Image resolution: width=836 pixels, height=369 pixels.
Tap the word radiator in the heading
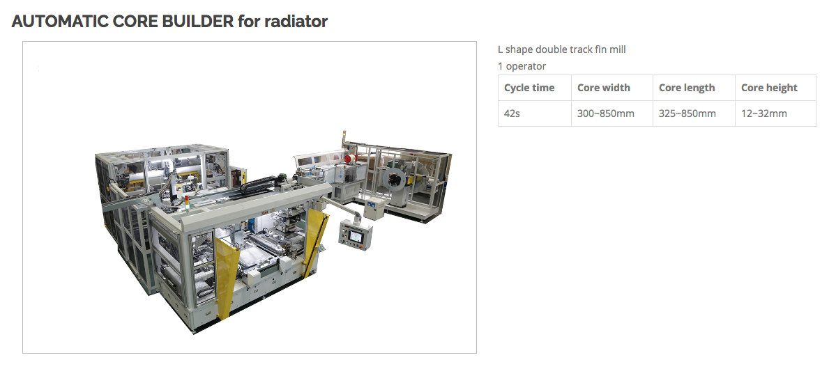296,22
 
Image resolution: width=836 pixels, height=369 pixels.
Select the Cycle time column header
534,88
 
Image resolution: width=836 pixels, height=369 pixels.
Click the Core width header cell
611,88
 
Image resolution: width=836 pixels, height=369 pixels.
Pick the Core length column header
694,88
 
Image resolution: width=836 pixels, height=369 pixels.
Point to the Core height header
775,88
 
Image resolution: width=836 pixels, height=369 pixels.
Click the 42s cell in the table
534,113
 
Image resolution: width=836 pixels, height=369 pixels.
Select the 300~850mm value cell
611,113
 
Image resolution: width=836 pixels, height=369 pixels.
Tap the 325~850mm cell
694,113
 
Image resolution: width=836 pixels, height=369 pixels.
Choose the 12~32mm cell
775,113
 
